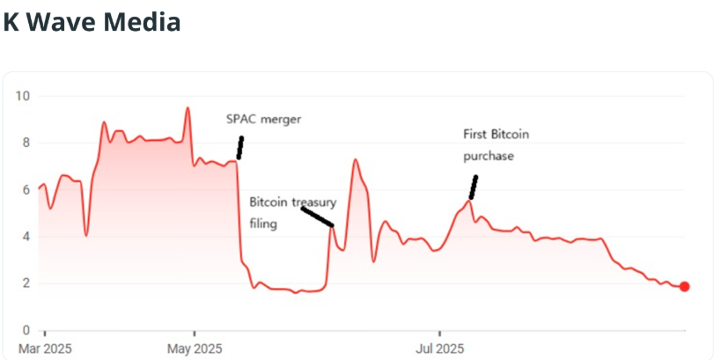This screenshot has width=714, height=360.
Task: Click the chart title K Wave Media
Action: tap(92, 21)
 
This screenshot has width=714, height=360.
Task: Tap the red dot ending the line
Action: tap(684, 286)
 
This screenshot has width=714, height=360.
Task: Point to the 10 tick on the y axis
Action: tap(23, 96)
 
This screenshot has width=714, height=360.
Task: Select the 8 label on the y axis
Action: tap(26, 143)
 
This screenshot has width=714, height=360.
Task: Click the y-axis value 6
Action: tap(26, 189)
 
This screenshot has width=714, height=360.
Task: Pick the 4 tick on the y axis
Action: tap(26, 236)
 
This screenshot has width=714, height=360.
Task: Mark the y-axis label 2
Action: tap(26, 283)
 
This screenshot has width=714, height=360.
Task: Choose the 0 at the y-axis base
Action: tap(26, 330)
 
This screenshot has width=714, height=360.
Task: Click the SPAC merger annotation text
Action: tap(263, 120)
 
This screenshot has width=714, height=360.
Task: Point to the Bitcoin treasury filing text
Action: tap(292, 212)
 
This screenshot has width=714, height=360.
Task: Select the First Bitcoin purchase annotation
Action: tap(497, 144)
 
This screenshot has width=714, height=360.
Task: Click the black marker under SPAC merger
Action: tap(239, 147)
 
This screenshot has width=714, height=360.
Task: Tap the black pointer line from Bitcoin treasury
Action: tap(317, 217)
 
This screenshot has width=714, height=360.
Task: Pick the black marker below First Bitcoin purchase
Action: tap(474, 187)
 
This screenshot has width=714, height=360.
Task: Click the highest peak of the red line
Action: tap(188, 108)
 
